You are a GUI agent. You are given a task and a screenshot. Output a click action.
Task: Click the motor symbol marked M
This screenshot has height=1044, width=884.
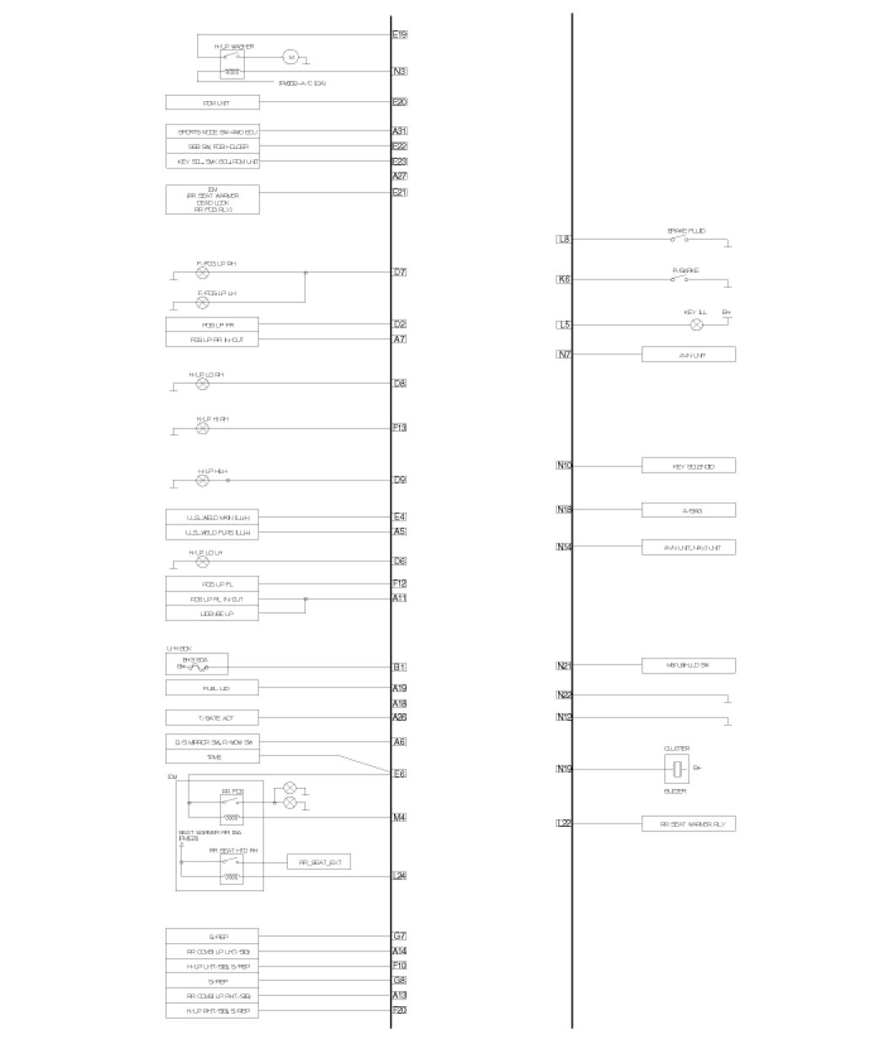[x=290, y=57]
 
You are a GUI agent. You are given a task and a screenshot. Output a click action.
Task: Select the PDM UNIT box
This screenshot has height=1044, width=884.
[x=212, y=103]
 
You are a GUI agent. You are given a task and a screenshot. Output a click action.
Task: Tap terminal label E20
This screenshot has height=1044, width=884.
[x=400, y=102]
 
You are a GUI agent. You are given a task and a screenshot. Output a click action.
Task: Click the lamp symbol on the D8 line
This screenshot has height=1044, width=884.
[x=202, y=384]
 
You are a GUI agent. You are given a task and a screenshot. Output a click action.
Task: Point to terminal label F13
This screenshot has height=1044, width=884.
[x=400, y=428]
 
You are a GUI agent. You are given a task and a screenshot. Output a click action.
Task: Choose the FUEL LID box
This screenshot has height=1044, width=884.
[x=212, y=689]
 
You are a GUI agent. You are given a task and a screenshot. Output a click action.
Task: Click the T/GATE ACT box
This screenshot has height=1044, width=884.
[x=212, y=718]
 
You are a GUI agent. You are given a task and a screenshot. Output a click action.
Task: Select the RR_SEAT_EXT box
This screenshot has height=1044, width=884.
[x=319, y=862]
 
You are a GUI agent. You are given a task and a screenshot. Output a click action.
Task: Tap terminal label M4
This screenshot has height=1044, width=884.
[x=400, y=818]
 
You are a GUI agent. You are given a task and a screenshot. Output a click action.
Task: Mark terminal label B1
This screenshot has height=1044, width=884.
[x=400, y=668]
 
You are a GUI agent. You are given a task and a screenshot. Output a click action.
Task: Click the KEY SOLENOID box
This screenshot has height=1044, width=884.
[x=688, y=466]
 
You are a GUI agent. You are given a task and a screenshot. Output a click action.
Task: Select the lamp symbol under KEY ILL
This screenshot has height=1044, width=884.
[x=696, y=325]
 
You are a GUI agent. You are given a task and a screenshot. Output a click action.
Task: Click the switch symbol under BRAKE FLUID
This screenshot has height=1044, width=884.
[x=679, y=239]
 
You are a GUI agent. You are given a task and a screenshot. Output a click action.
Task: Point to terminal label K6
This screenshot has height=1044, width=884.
[x=564, y=279]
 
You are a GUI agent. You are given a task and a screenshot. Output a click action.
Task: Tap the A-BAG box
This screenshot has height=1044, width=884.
[x=688, y=510]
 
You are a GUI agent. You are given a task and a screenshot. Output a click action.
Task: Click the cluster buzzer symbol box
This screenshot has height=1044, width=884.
[x=677, y=769]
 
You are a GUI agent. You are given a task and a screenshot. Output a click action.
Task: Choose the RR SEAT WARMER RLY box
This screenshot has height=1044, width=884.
[x=688, y=824]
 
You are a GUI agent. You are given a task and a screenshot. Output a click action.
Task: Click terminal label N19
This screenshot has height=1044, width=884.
[x=564, y=769]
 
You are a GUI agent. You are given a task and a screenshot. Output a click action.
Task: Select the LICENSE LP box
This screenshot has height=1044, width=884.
[x=212, y=615]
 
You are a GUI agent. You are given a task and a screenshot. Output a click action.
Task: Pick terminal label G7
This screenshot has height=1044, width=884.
[x=400, y=936]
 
